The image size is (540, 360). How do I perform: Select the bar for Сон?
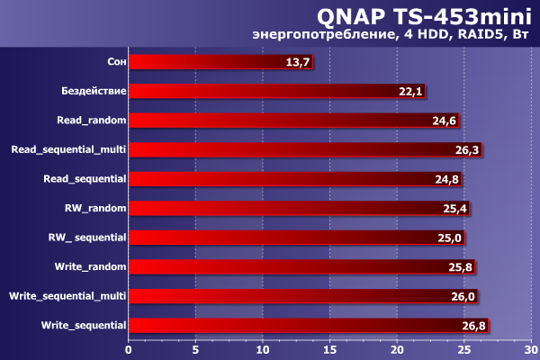coord(220,62)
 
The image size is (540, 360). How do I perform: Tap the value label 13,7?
coord(297,62)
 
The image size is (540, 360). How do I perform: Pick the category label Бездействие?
coord(94,92)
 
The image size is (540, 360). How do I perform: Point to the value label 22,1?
coord(410,92)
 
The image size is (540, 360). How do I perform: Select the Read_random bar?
coord(279,121)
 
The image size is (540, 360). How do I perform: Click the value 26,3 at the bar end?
coord(466,150)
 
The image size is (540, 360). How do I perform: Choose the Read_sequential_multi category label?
coord(67,149)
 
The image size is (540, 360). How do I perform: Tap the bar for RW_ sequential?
coord(279,238)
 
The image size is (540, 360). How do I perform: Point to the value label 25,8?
coord(460,267)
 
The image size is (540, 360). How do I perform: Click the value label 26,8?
coord(473,325)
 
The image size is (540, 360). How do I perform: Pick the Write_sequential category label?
coord(84,324)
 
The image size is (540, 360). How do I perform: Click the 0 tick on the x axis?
coord(129,349)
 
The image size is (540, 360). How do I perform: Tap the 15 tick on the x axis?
coord(330,349)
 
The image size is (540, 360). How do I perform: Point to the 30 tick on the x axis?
coord(531,349)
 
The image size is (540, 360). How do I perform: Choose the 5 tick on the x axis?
coord(195,349)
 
